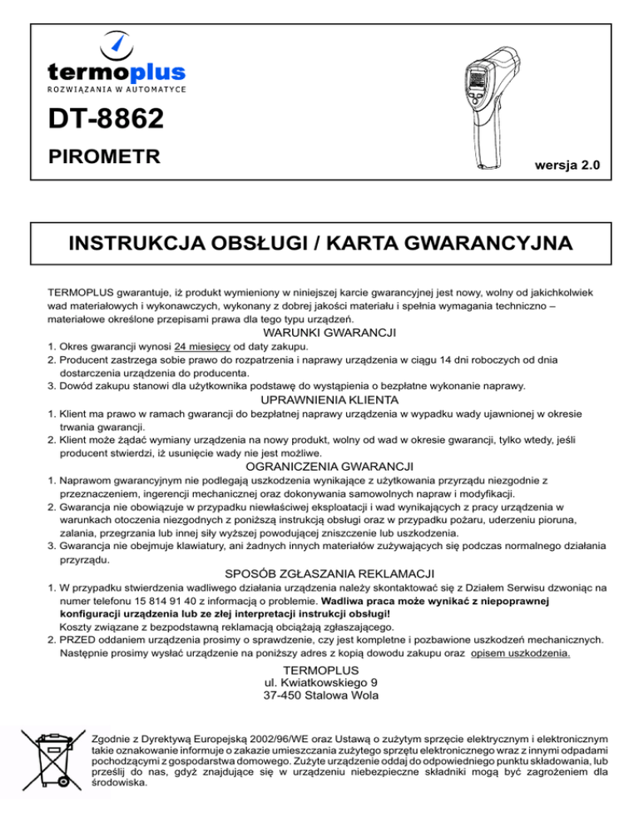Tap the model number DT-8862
pos(101,122)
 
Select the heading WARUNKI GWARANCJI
pos(319,333)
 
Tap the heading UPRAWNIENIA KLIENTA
pos(319,399)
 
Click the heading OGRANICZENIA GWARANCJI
pos(319,466)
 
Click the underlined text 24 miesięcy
pos(203,345)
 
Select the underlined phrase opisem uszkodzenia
pos(520,653)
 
